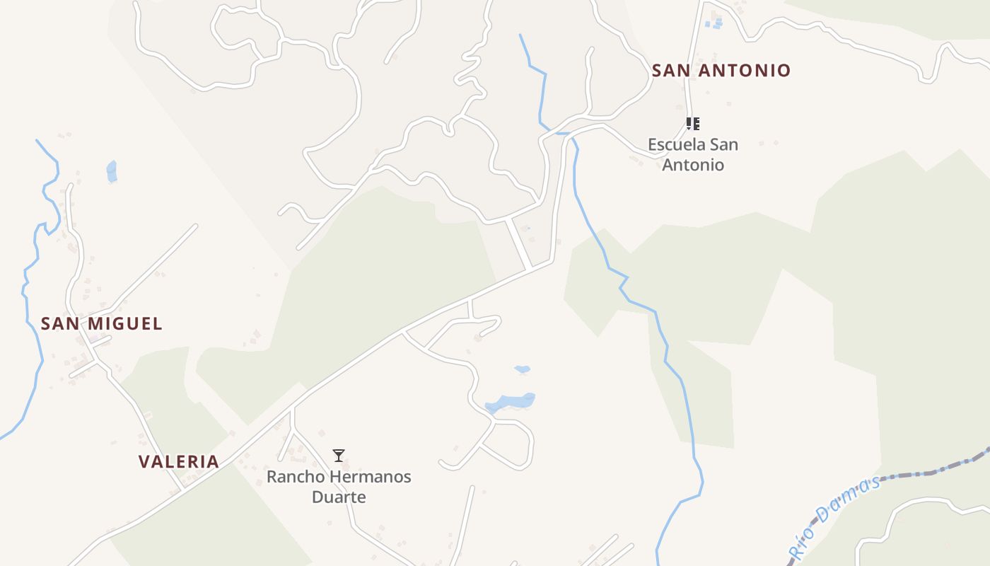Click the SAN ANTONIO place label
pos(721,70)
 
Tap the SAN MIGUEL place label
pos(102,323)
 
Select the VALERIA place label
pos(178,461)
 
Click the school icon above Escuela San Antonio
pos(693,125)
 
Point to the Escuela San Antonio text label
pos(693,154)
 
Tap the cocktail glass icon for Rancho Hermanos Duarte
pos(339,456)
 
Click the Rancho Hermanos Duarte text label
pos(339,486)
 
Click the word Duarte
pos(339,497)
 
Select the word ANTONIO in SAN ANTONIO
pos(744,70)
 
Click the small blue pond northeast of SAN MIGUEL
pos(112,171)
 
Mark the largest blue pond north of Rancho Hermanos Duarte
pos(511,402)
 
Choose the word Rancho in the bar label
pos(291,476)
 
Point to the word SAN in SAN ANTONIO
pos(671,70)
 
